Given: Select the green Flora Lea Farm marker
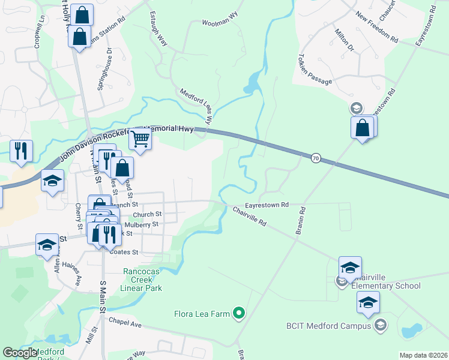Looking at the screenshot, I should [x=239, y=313].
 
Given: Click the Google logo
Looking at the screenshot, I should [x=20, y=353].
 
